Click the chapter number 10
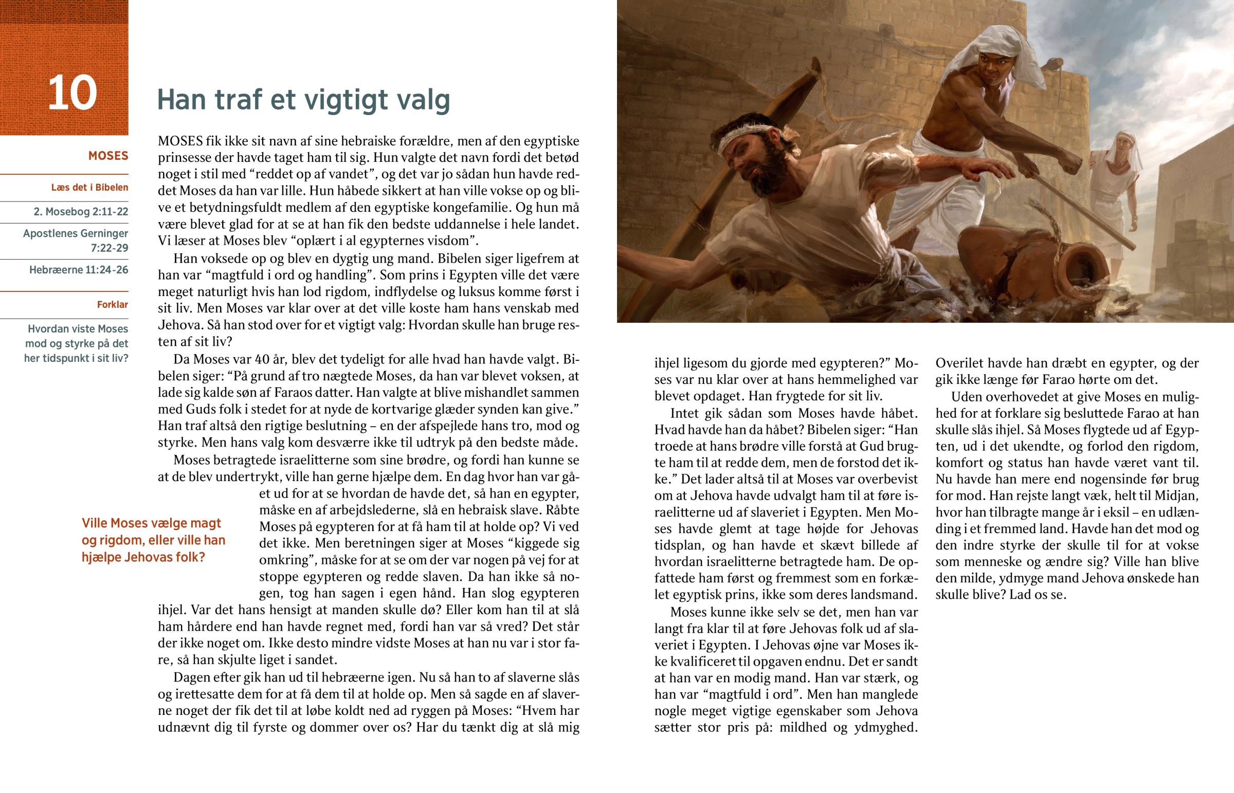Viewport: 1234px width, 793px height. tap(72, 93)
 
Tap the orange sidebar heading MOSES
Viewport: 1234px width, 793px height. tap(108, 156)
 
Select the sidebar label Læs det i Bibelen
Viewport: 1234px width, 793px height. tap(89, 188)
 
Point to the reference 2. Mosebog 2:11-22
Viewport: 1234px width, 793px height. tap(81, 212)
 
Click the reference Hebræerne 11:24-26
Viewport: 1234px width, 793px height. tap(79, 270)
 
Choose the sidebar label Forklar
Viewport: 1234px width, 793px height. tap(112, 305)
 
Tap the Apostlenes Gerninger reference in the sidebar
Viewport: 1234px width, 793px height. tap(76, 241)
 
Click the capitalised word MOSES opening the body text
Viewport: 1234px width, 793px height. tap(180, 141)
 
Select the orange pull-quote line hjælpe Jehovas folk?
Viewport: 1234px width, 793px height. tap(143, 557)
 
